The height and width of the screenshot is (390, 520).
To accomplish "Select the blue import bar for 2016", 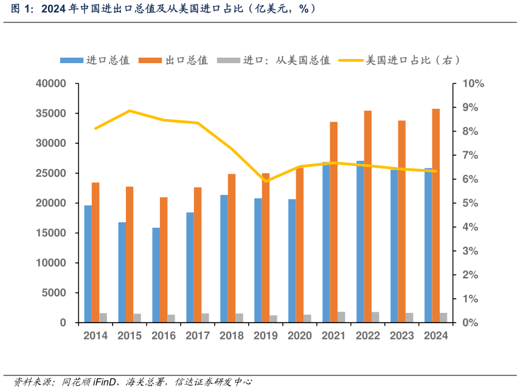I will point(156,275).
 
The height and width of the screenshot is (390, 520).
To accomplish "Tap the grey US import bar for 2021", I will point(342,317).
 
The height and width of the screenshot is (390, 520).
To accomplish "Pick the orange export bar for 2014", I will point(95,252).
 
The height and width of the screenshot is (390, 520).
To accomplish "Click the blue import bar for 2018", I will point(224,259).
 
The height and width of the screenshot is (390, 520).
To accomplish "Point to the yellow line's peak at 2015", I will point(130,111).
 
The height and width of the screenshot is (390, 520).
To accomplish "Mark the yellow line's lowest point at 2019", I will point(266,181).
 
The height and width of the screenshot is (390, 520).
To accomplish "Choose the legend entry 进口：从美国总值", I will point(274,60).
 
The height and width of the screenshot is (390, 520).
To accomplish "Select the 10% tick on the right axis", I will point(473,84).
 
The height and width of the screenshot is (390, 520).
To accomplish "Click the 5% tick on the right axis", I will point(471,204).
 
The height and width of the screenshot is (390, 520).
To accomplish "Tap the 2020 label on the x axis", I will point(300,336).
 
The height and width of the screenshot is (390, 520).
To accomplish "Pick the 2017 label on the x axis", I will point(198,336).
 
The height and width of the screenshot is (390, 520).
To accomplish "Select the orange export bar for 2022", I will point(368,216).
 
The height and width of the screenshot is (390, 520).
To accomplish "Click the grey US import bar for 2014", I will point(103,318).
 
